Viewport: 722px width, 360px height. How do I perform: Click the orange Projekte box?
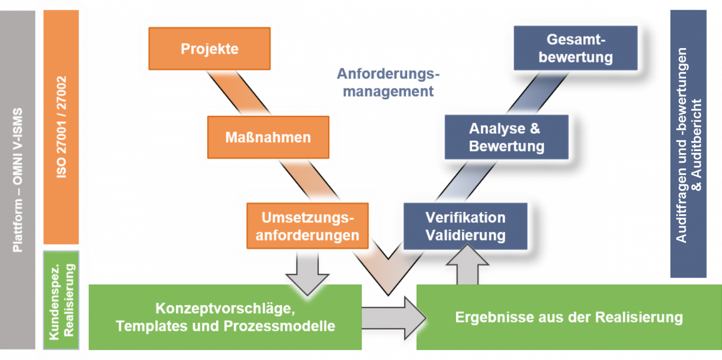pyautogui.click(x=209, y=49)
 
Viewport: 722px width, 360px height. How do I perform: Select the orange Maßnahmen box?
pyautogui.click(x=268, y=137)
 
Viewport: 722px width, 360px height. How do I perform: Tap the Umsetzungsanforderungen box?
pyautogui.click(x=308, y=226)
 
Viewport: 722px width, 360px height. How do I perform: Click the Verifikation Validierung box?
pyautogui.click(x=465, y=226)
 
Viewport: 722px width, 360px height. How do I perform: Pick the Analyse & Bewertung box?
pyautogui.click(x=506, y=137)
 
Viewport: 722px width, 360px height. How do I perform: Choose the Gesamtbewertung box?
pyautogui.click(x=575, y=49)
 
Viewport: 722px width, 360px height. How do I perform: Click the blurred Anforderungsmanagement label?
pyautogui.click(x=387, y=82)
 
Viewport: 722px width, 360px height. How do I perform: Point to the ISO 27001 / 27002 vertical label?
pyautogui.click(x=61, y=127)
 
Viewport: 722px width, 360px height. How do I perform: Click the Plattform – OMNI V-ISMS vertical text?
pyautogui.click(x=18, y=178)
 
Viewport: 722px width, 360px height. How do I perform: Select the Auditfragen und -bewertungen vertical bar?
pyautogui.click(x=688, y=144)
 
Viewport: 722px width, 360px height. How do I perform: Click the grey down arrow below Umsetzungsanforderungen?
pyautogui.click(x=307, y=272)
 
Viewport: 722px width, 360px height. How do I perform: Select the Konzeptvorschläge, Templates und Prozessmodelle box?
pyautogui.click(x=225, y=317)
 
